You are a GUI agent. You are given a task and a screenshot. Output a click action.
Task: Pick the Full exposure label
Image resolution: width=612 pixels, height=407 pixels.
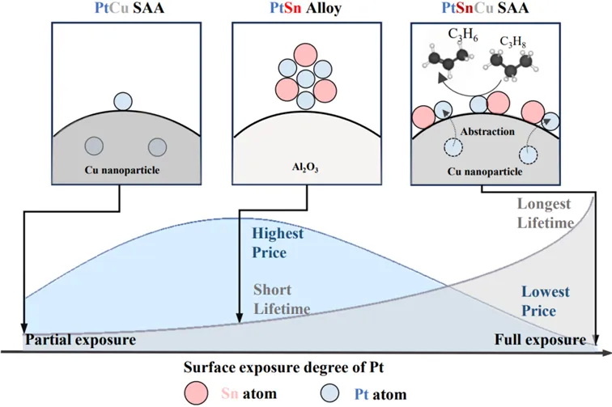(539, 340)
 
